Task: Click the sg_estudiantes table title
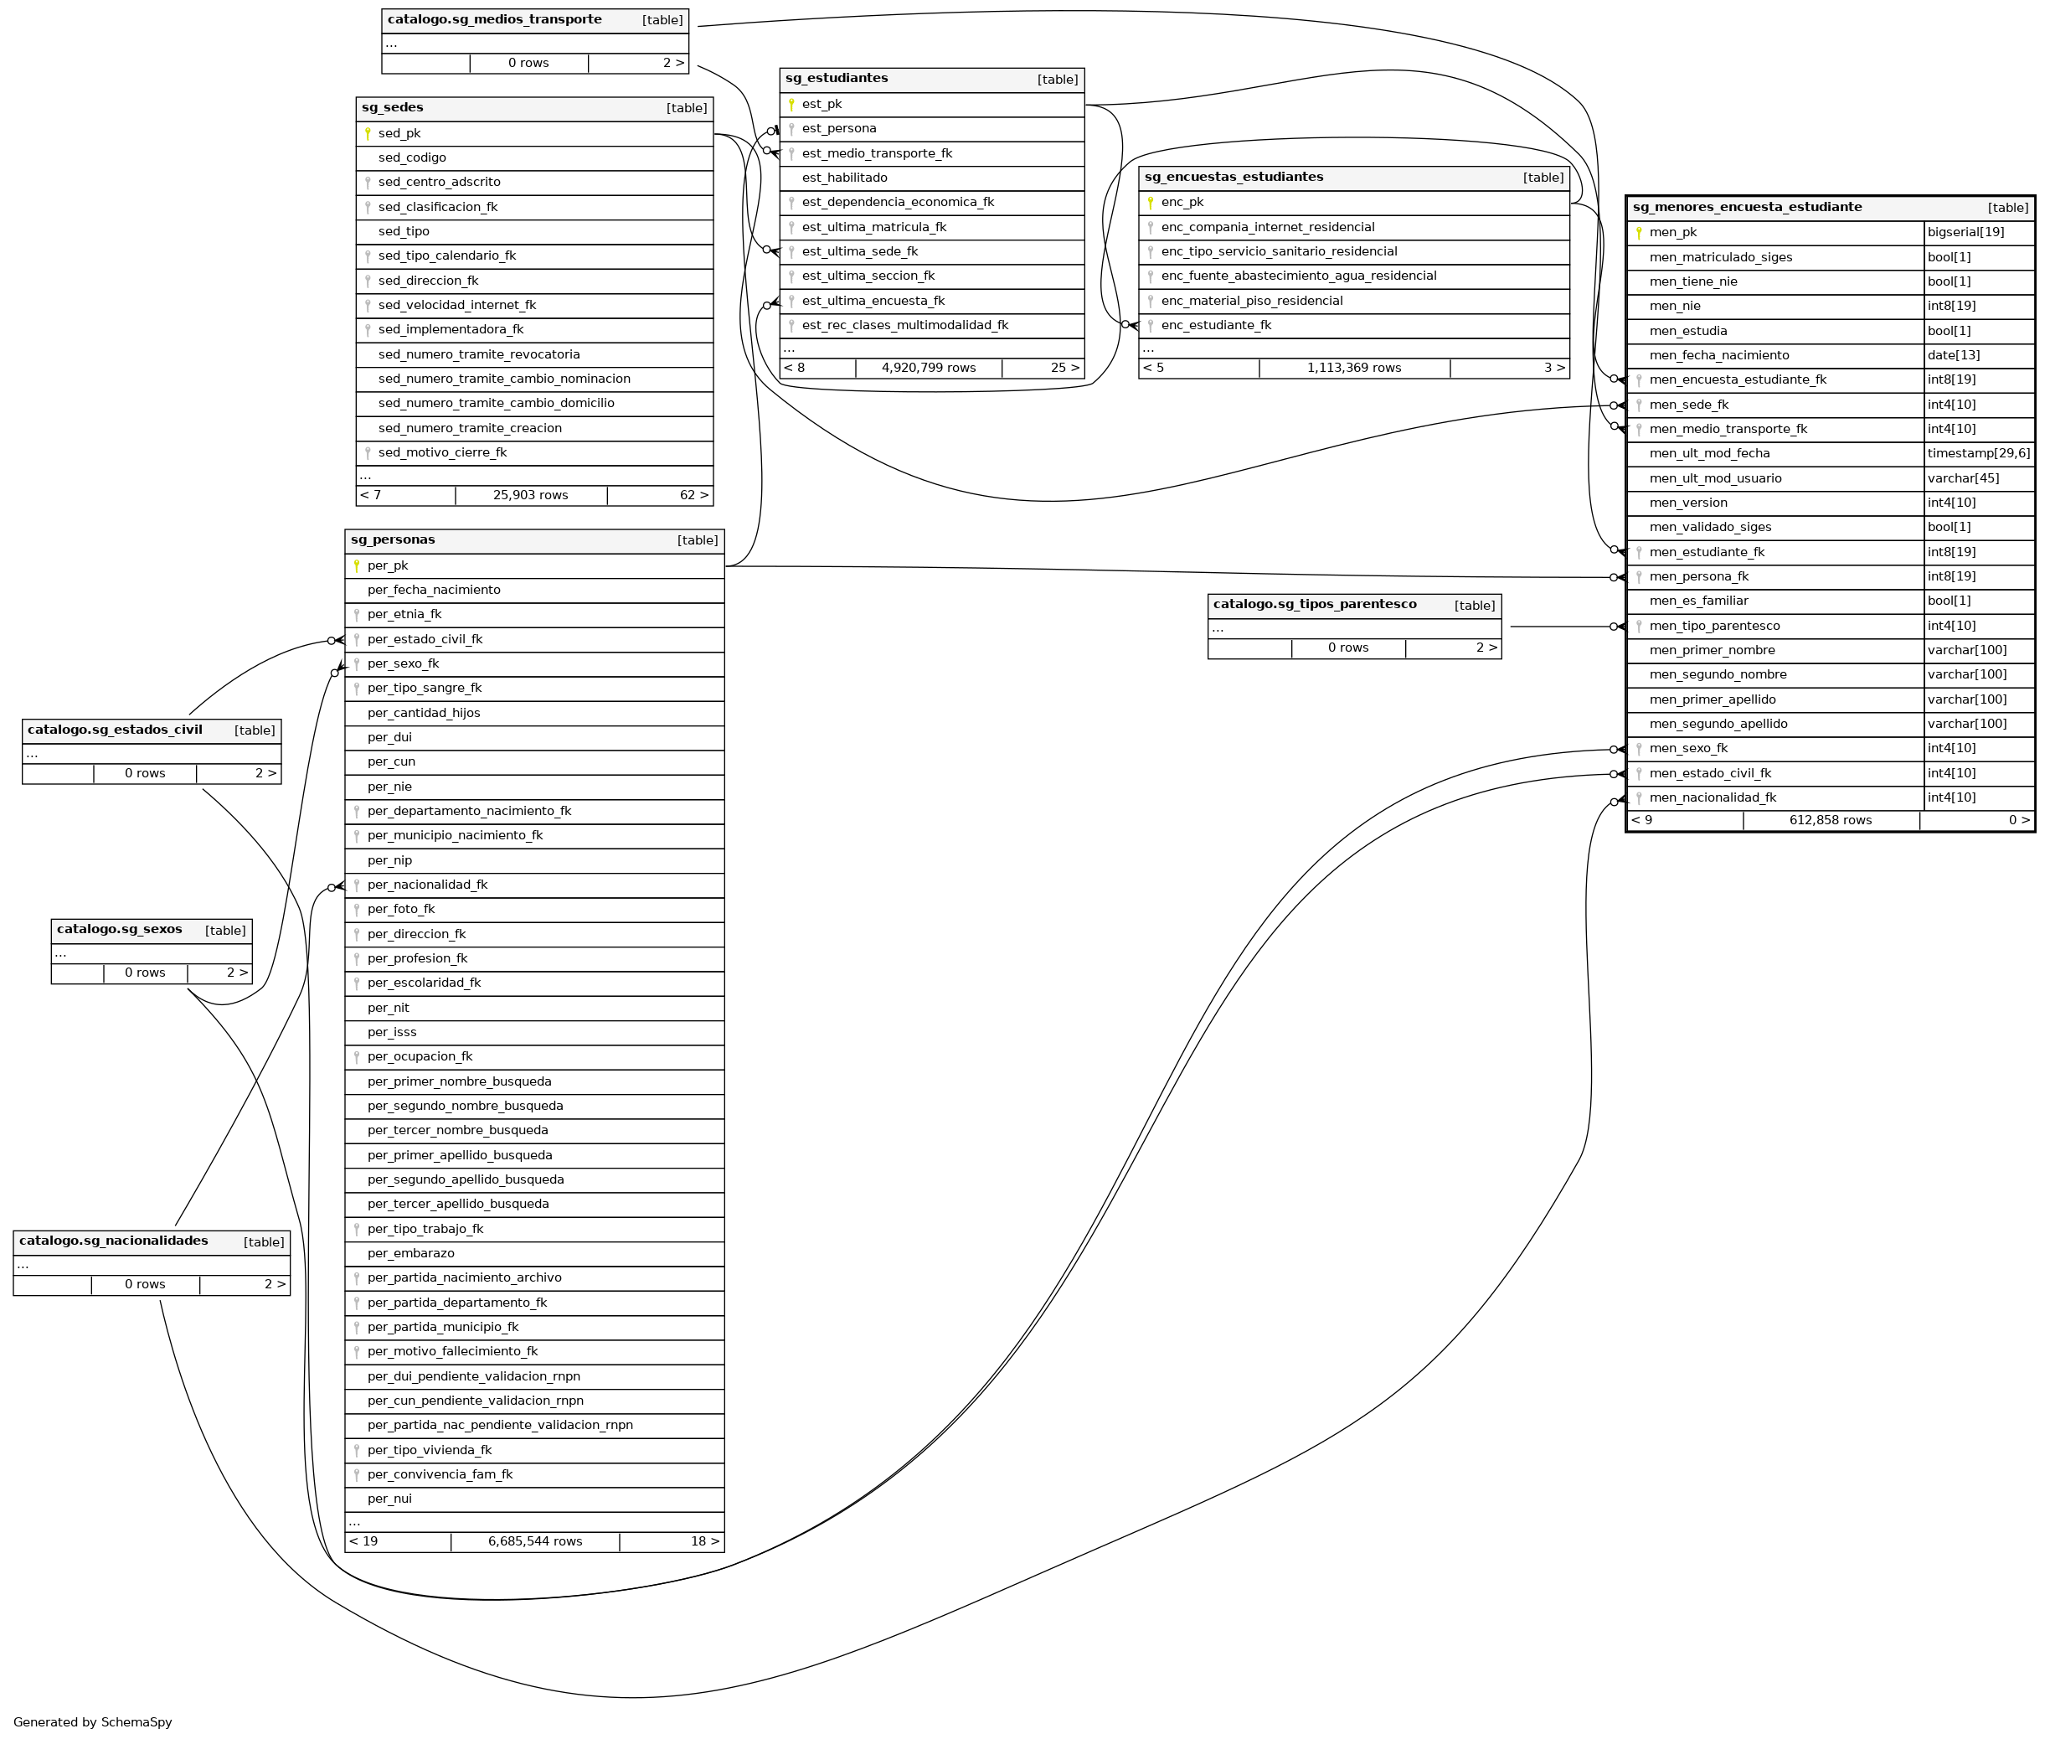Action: tap(837, 79)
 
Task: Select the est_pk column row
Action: tap(822, 105)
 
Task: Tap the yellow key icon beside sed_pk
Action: tap(368, 134)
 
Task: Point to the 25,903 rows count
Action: tap(530, 496)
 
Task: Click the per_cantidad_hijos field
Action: tap(424, 714)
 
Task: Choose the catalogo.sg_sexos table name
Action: tap(119, 930)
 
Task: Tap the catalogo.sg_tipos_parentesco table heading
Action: tap(1314, 604)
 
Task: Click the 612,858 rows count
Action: tap(1831, 820)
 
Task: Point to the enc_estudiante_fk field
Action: tap(1215, 325)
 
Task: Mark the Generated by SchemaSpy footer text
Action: tap(93, 1722)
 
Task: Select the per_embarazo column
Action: tap(411, 1254)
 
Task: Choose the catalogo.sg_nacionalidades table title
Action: tap(113, 1241)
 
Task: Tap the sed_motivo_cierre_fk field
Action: tap(442, 453)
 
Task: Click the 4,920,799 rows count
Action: tap(929, 369)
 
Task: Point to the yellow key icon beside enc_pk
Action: tap(1150, 203)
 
